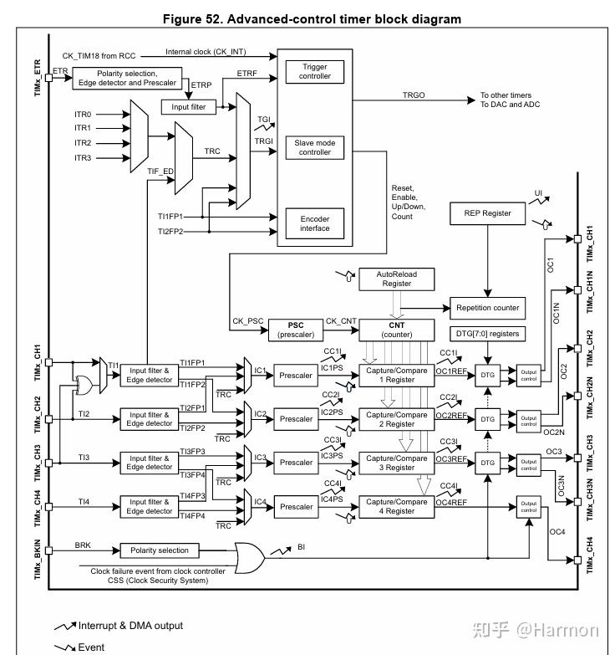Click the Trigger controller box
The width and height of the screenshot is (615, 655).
point(315,71)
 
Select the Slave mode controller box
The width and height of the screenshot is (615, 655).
point(315,147)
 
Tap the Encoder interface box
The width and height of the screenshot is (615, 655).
point(315,223)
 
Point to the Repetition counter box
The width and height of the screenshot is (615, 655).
point(488,308)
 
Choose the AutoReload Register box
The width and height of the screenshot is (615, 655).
point(397,279)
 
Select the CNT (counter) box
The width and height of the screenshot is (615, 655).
point(397,330)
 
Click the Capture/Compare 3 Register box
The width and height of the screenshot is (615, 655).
point(397,463)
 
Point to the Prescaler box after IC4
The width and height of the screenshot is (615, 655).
point(297,506)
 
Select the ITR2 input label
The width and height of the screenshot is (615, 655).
point(83,143)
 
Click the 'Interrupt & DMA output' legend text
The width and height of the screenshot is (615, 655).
point(130,626)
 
